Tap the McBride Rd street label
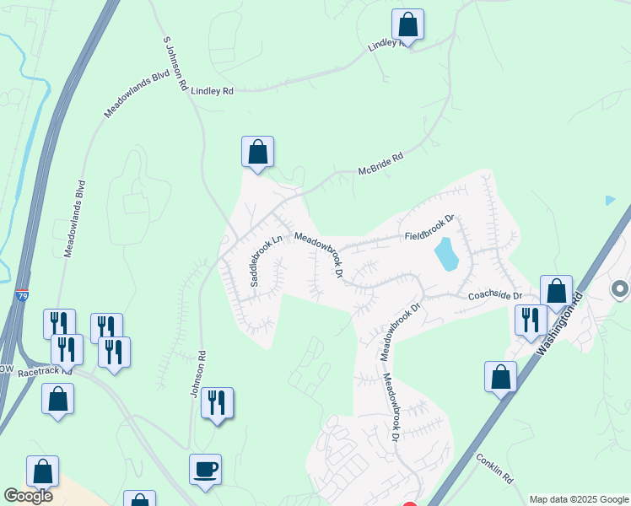coord(381,159)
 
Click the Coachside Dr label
coord(495,296)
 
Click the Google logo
coord(28,496)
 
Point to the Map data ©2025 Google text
coord(579,499)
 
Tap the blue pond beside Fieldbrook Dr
coord(445,253)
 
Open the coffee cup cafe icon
coord(206,468)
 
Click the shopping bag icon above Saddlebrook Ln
coord(258,153)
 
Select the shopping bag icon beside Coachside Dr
coord(556,291)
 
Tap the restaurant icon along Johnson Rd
coord(217,403)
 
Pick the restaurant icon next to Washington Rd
coord(530,320)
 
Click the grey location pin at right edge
coord(620,289)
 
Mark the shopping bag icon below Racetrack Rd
coord(57,399)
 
